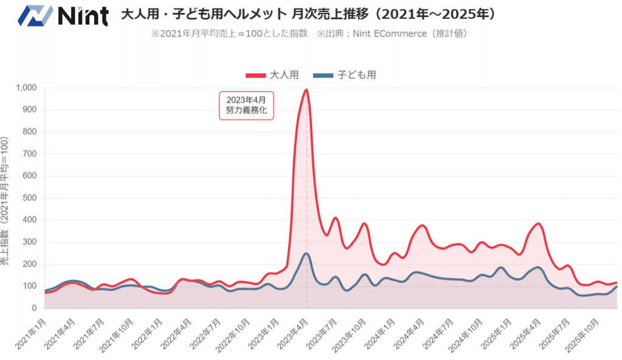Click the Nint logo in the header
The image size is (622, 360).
point(63,15)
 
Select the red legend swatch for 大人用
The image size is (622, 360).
point(256,75)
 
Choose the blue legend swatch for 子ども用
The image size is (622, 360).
point(323,75)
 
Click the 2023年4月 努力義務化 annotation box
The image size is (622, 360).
point(246,105)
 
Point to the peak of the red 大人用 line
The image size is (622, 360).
point(306,90)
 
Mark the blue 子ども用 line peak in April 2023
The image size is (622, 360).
point(306,253)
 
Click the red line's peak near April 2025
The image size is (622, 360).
point(538,223)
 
